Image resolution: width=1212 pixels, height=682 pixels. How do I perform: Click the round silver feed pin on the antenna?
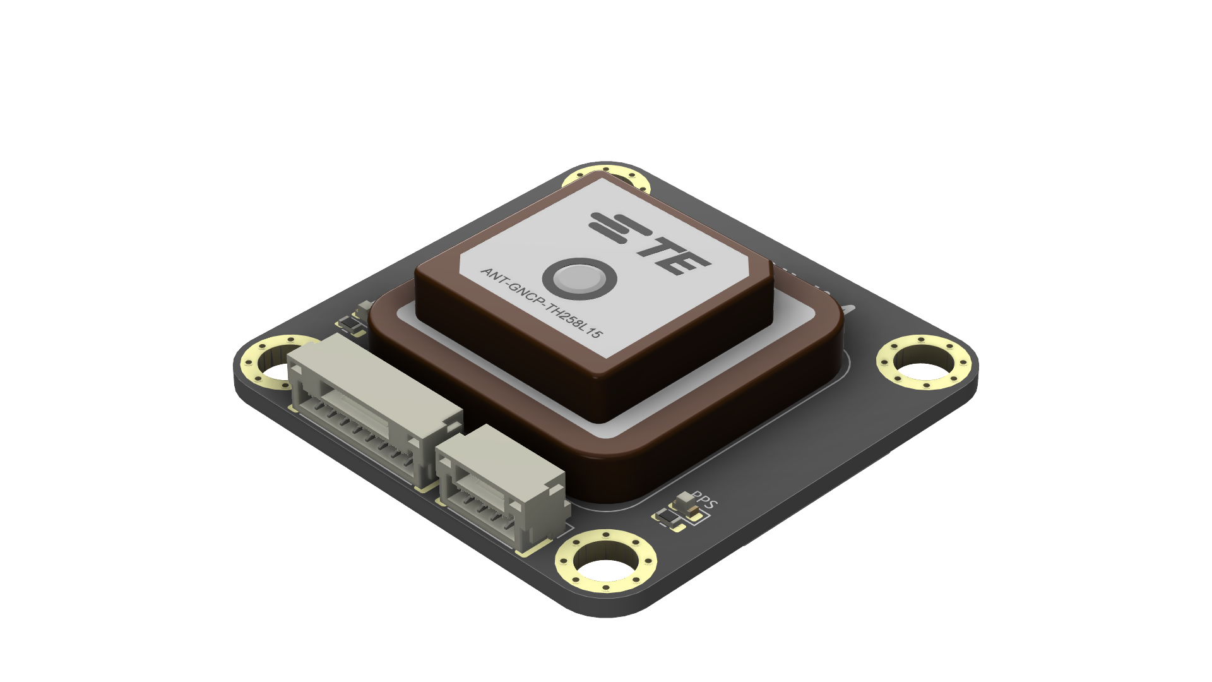[x=579, y=278]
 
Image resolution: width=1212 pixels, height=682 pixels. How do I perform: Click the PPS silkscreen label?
[x=705, y=501]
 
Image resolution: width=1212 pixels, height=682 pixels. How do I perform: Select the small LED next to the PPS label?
[x=684, y=501]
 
